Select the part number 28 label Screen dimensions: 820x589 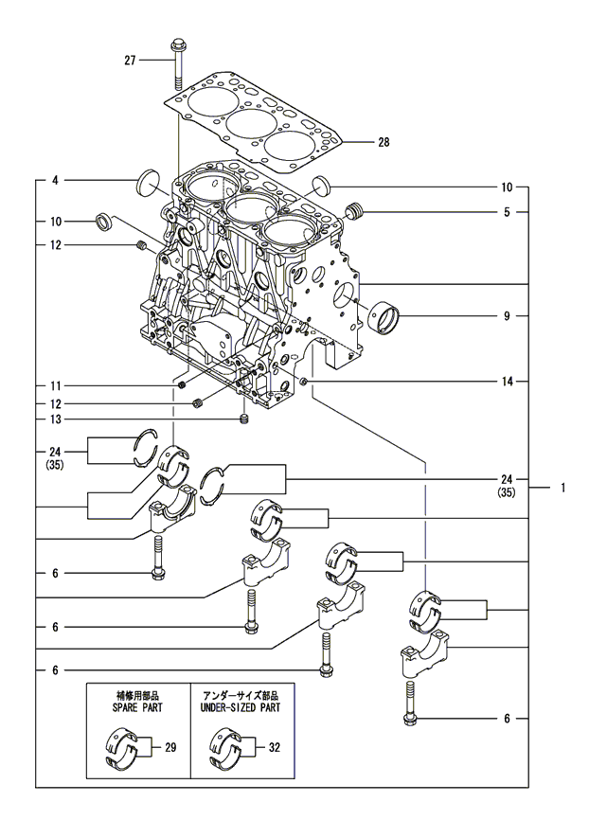(x=384, y=143)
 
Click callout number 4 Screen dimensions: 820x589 (x=56, y=179)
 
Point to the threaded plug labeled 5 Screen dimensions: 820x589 (x=356, y=210)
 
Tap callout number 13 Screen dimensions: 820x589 (x=56, y=419)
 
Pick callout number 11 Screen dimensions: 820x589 (x=56, y=386)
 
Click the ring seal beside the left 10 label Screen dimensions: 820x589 (x=103, y=223)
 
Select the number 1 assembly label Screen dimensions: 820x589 (x=562, y=489)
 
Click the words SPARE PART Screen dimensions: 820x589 (x=138, y=706)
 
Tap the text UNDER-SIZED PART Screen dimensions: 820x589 (x=241, y=706)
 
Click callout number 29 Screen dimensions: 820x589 (x=171, y=748)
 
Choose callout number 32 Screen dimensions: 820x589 (x=274, y=748)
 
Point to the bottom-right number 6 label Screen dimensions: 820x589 (x=508, y=720)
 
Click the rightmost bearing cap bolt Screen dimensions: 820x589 (x=410, y=703)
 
